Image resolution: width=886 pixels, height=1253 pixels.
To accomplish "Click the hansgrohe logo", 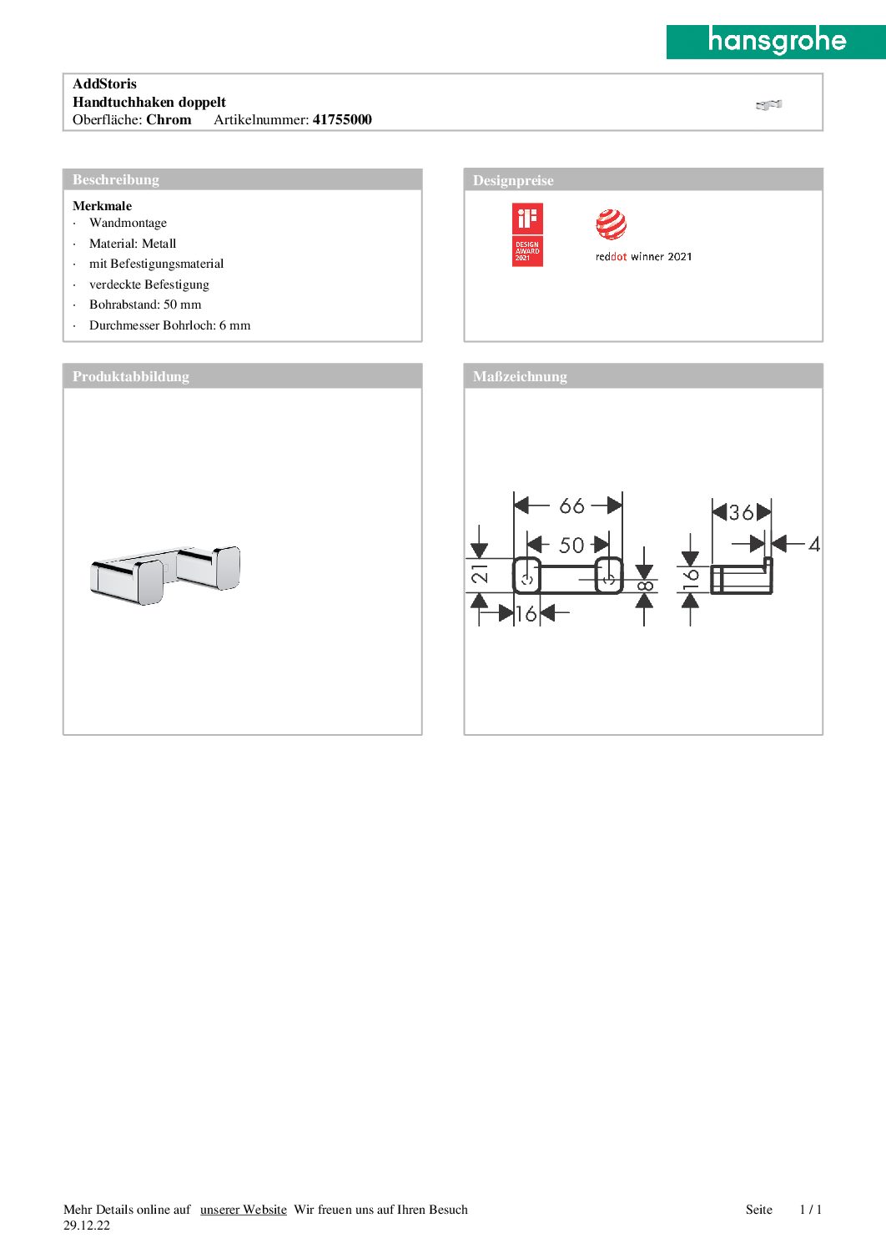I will [x=776, y=41].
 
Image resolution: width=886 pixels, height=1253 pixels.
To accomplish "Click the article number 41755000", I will [x=342, y=119].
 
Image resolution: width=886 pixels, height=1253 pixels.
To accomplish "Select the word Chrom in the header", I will [x=169, y=119].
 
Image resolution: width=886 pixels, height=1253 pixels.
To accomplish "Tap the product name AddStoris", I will [x=104, y=83].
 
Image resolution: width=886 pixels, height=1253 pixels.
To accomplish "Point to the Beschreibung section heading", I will [x=116, y=179].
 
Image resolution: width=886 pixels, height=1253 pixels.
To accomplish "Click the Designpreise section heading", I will [x=513, y=180].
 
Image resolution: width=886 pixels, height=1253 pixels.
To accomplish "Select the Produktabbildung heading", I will [x=131, y=376].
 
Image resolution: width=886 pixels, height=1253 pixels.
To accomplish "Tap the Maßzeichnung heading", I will [x=520, y=376].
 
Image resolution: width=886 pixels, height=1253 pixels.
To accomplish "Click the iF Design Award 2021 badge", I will [x=527, y=234].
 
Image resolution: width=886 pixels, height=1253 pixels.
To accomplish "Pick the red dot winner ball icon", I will [x=612, y=224].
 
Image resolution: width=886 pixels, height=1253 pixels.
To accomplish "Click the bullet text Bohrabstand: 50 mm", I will [x=145, y=304].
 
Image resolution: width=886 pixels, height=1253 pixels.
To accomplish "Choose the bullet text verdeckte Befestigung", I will [x=149, y=284].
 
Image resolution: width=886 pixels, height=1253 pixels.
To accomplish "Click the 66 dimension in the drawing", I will [x=571, y=506].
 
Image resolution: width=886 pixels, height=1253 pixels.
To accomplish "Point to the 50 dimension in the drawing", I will [x=571, y=546].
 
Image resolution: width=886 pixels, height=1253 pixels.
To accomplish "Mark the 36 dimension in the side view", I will [x=741, y=512].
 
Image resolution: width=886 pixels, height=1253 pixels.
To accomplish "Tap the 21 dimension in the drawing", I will [x=481, y=573].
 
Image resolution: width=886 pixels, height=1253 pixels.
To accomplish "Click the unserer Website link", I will [x=244, y=1210].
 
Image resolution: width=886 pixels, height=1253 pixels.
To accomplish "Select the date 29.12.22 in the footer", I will [x=87, y=1225].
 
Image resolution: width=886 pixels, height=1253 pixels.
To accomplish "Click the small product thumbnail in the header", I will [x=768, y=104].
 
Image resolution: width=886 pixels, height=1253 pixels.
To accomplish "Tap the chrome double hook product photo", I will [x=165, y=575].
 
